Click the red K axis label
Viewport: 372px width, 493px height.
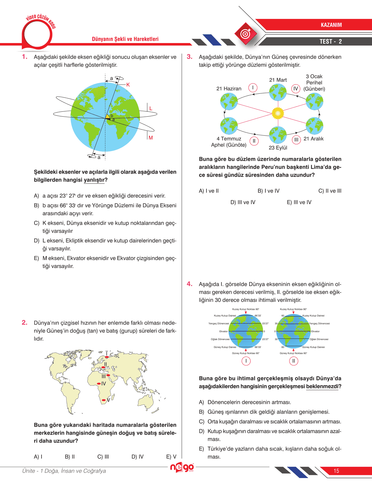(128, 85)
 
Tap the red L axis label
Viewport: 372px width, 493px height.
(151, 108)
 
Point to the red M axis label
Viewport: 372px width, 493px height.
(151, 138)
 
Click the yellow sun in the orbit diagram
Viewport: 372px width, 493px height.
(278, 113)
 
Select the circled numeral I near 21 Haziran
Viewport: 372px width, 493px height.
(253, 88)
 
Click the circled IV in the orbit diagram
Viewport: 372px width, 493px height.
(295, 89)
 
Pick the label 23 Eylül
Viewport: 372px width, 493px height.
(278, 148)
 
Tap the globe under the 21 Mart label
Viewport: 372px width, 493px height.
(278, 92)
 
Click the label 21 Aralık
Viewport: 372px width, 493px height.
(313, 139)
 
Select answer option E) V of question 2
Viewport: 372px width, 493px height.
(171, 457)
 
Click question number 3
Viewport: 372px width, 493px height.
(190, 57)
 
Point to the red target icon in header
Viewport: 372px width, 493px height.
(245, 34)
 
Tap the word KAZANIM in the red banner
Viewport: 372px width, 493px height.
(331, 25)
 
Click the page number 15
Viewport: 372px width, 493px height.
(336, 471)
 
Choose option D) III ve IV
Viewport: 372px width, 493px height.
(243, 202)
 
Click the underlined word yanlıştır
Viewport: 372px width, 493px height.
(94, 180)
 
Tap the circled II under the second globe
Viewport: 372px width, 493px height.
(294, 361)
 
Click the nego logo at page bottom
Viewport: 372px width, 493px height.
(182, 467)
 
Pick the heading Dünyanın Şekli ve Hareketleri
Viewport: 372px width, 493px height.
(125, 39)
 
